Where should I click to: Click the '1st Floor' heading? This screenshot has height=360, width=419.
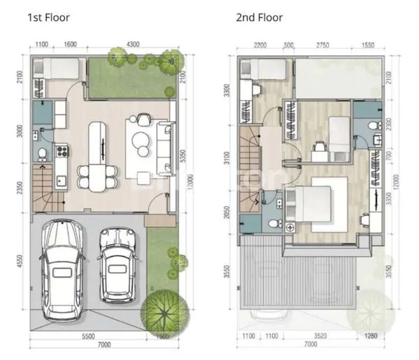pyautogui.click(x=49, y=17)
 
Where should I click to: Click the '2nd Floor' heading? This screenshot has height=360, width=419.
pyautogui.click(x=259, y=17)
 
